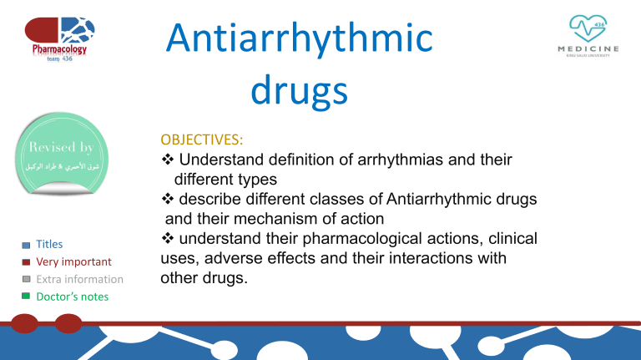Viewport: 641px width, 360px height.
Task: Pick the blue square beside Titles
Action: coord(26,246)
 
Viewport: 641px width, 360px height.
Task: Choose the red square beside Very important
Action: coord(26,261)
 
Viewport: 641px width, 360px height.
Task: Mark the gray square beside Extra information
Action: coord(26,278)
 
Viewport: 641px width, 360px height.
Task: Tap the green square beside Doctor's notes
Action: coord(26,296)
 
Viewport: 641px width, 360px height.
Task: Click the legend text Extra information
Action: coord(81,279)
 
